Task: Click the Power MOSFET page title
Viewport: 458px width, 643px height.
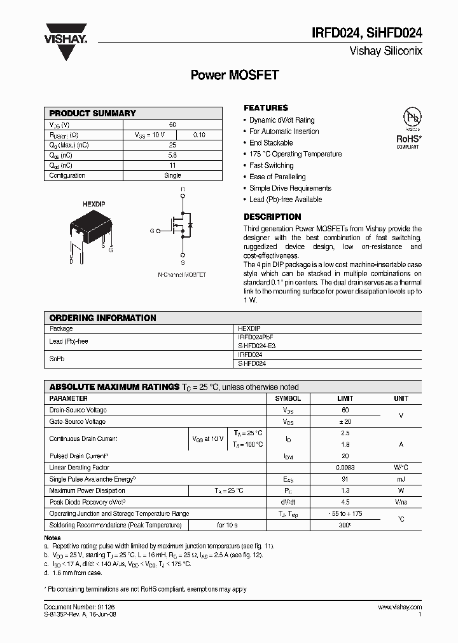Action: (x=235, y=75)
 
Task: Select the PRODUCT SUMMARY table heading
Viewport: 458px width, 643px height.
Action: (x=93, y=113)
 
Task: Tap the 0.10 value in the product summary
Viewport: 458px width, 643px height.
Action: (x=199, y=135)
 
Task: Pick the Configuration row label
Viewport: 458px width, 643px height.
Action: (x=67, y=175)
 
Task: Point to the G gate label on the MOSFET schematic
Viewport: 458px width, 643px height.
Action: (x=152, y=231)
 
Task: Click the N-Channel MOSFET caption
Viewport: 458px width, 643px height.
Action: (x=182, y=275)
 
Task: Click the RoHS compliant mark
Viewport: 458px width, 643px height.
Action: (x=408, y=140)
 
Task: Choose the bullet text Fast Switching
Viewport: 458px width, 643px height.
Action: (x=271, y=165)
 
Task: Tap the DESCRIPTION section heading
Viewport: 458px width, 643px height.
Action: (x=272, y=217)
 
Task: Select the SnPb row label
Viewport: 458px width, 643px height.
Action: (x=57, y=359)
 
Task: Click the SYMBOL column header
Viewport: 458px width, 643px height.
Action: (x=288, y=398)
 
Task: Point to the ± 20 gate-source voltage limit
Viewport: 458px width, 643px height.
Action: (x=345, y=421)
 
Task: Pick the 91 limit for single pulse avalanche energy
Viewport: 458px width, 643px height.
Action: (x=345, y=479)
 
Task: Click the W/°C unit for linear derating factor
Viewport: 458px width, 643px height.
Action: (x=401, y=468)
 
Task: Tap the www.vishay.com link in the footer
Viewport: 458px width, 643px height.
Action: (x=399, y=607)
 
